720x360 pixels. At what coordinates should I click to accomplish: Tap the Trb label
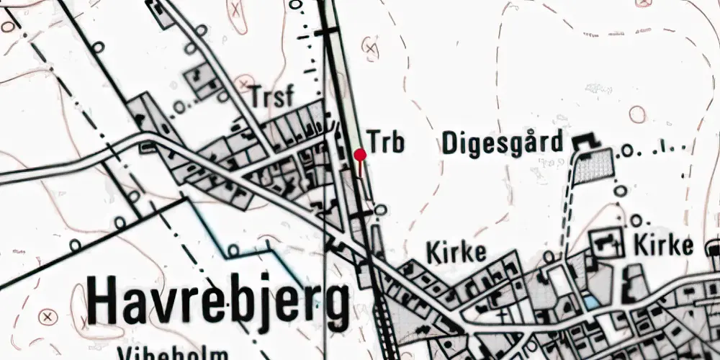[x=386, y=141]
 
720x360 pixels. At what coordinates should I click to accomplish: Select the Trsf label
[x=274, y=95]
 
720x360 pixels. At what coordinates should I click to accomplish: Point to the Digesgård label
[x=501, y=143]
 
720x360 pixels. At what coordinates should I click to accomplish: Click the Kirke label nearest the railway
[x=456, y=253]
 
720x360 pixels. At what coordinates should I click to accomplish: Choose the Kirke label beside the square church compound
[x=663, y=246]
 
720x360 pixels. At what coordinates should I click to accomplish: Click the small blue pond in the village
[x=590, y=303]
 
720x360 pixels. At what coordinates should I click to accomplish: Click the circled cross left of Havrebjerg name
[x=48, y=315]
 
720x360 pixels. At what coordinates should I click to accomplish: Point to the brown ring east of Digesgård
[x=637, y=114]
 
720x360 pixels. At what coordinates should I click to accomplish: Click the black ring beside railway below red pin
[x=381, y=210]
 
